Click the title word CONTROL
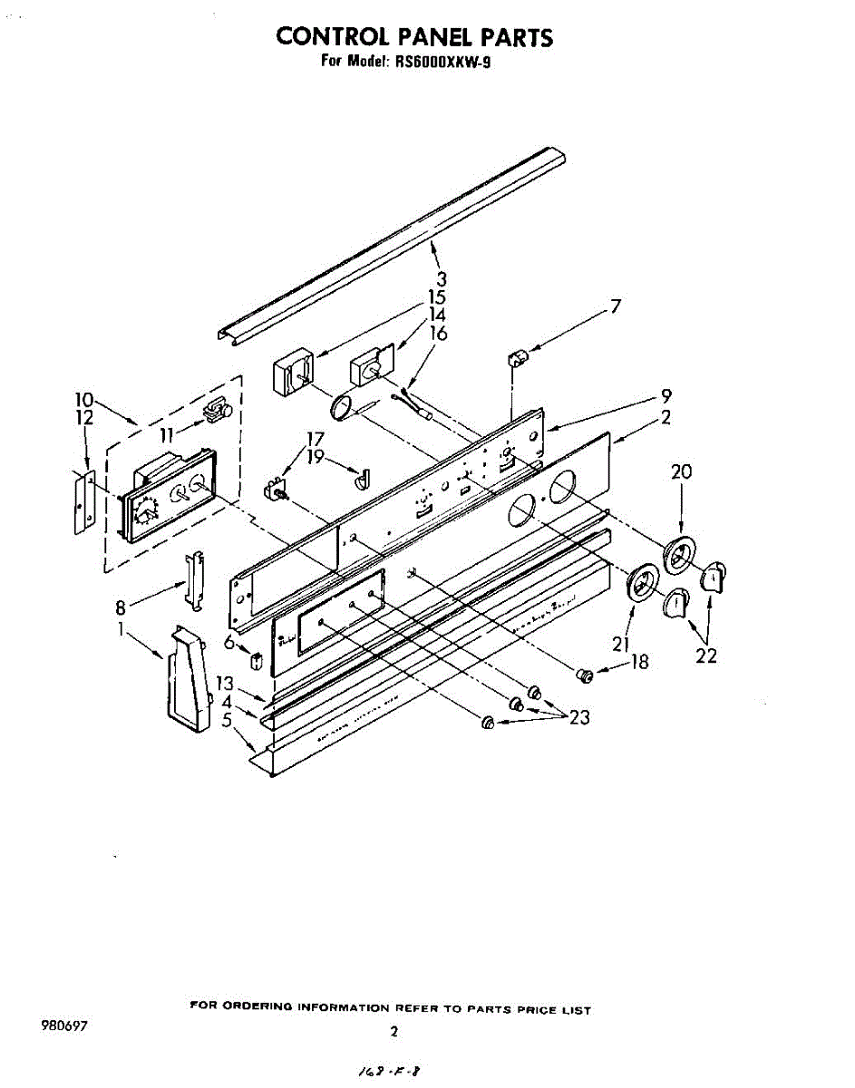point(330,36)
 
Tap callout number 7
point(616,306)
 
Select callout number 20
point(681,471)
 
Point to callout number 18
point(640,663)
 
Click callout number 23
point(579,718)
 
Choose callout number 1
point(121,627)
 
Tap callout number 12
point(84,418)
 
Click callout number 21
point(620,645)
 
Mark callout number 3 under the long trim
point(441,279)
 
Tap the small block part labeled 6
point(257,659)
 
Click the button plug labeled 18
point(586,674)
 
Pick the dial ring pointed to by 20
point(680,553)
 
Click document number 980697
point(63,1027)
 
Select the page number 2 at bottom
point(393,1031)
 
